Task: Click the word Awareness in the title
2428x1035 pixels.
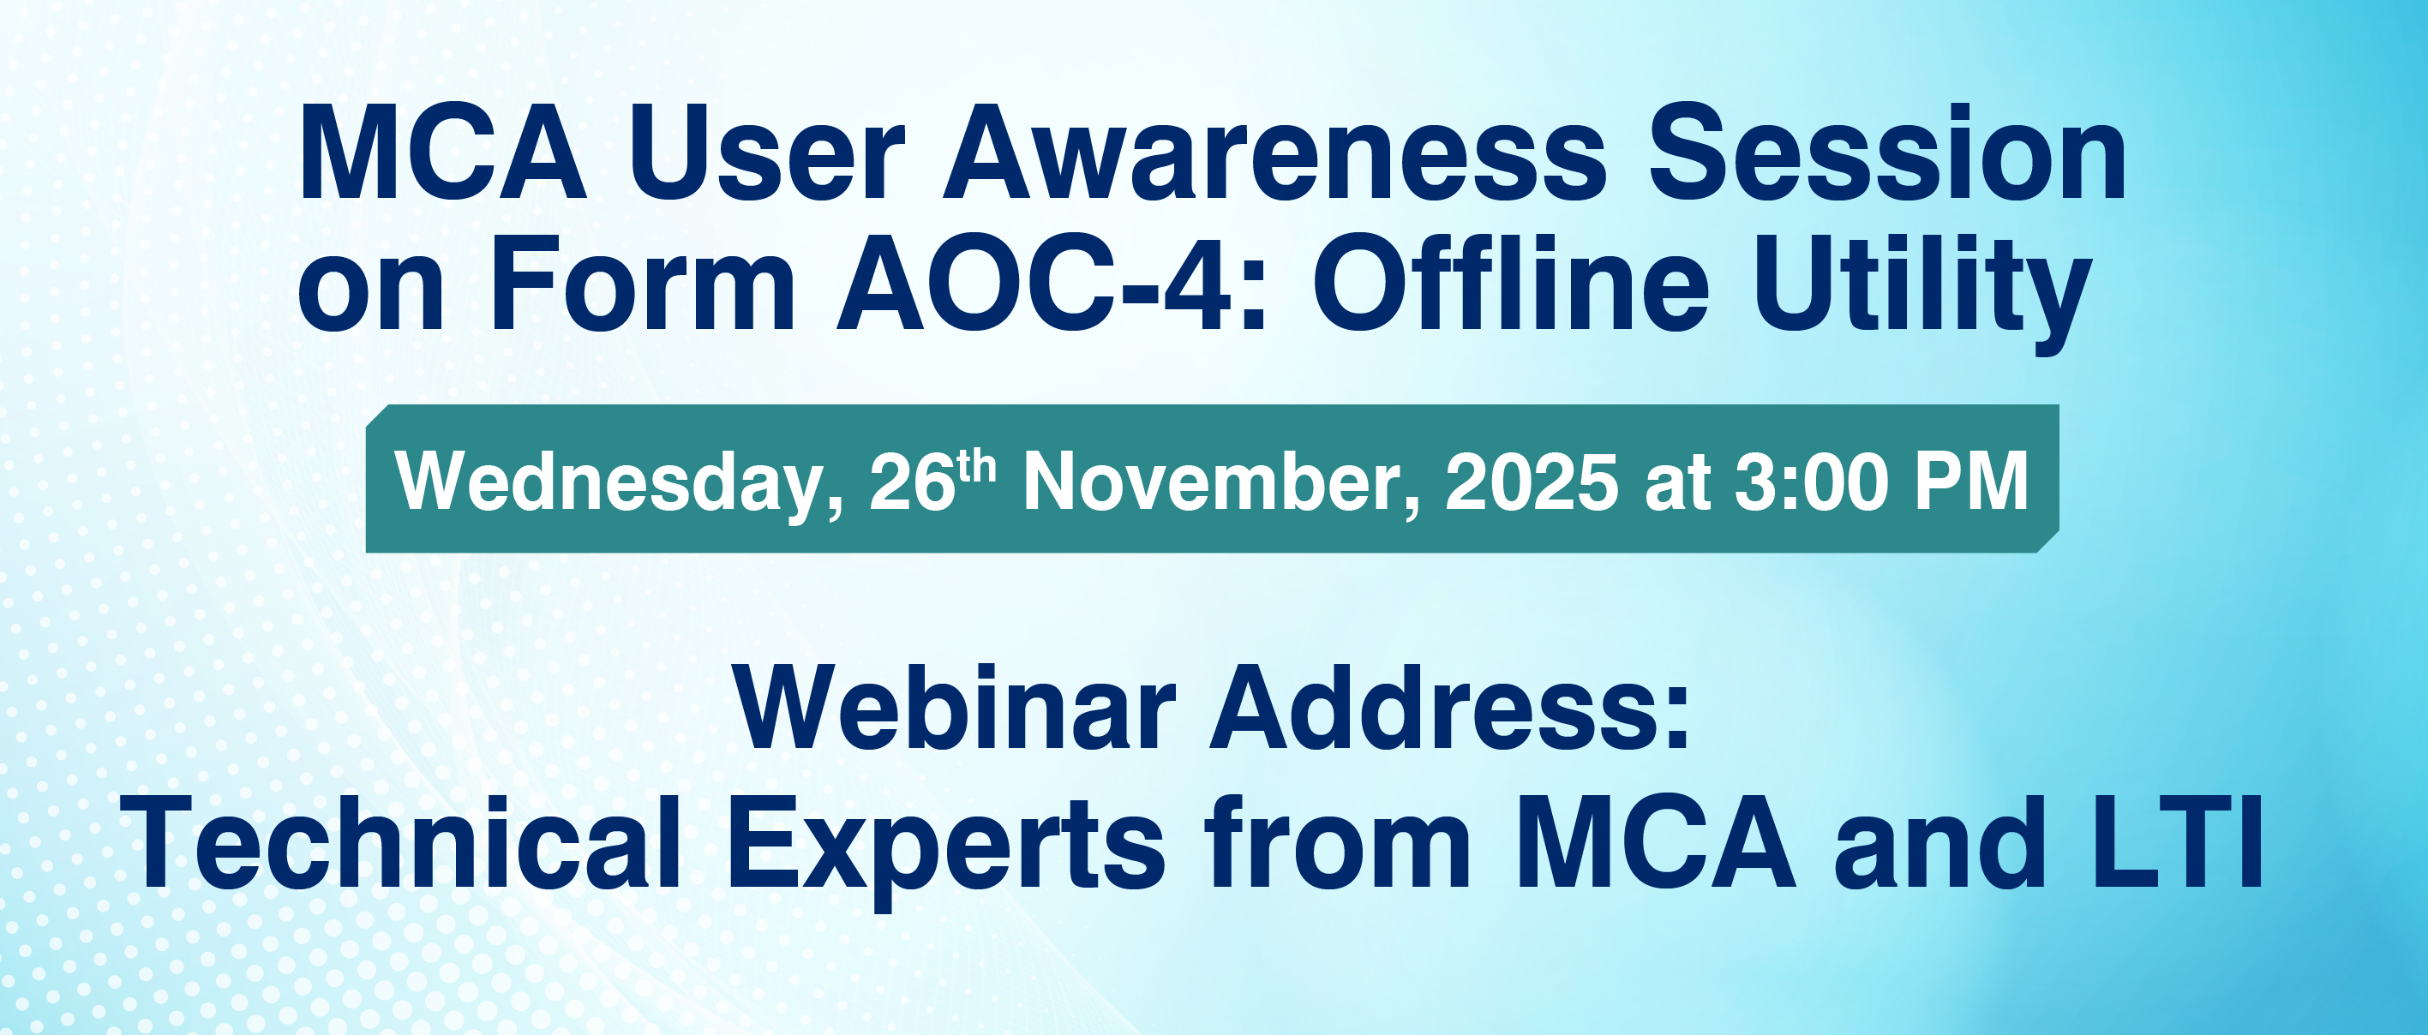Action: pos(1275,153)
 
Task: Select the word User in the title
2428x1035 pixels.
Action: pos(766,153)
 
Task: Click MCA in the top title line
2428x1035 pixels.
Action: pos(442,153)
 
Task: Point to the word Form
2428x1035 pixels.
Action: pos(642,284)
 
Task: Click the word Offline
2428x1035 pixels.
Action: pos(1510,282)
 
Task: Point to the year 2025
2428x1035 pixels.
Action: pos(1532,482)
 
